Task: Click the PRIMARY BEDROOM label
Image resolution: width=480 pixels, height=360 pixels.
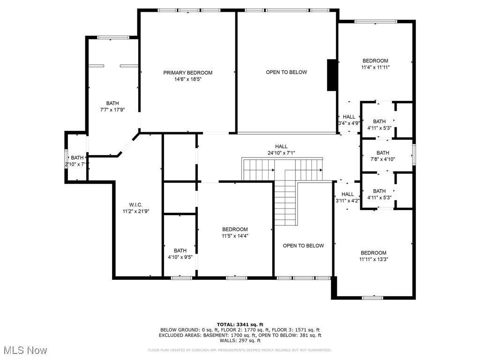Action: [x=187, y=73]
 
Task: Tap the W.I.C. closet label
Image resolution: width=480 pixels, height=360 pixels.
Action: [x=135, y=204]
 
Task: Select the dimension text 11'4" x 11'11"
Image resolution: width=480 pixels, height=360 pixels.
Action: [x=375, y=67]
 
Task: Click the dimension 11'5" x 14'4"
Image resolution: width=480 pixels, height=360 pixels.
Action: [x=235, y=236]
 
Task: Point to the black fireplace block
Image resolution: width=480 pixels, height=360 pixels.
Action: [x=332, y=75]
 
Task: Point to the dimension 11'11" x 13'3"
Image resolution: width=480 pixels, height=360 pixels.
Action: [x=374, y=259]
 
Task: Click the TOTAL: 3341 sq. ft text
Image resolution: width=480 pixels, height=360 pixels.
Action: [x=240, y=324]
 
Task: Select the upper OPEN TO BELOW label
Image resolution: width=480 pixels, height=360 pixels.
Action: [x=286, y=72]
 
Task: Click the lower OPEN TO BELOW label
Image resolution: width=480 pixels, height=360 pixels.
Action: [x=303, y=246]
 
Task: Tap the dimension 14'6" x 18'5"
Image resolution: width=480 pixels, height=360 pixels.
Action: [x=187, y=80]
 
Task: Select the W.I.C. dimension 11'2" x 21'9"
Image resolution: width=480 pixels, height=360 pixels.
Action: [x=135, y=211]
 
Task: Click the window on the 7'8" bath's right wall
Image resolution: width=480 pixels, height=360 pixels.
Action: [x=414, y=154]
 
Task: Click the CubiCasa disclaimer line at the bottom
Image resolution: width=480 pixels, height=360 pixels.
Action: [x=240, y=350]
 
